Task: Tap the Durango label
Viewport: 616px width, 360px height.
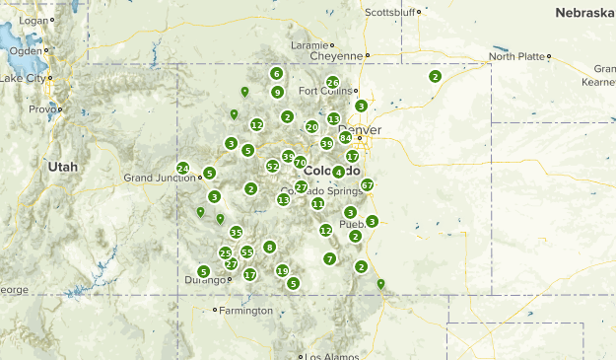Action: (205, 280)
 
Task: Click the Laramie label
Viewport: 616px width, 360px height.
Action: (308, 45)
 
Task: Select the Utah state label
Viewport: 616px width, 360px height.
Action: (62, 168)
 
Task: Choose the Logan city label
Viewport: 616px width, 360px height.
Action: (33, 20)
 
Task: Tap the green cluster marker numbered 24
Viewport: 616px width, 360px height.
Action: (183, 168)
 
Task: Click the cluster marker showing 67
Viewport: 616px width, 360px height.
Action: (368, 184)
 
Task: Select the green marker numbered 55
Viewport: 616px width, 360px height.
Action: (247, 252)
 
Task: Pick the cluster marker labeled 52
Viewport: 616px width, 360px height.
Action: (273, 167)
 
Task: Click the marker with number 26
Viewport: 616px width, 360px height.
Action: (333, 83)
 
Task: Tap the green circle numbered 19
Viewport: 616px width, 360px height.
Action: (283, 271)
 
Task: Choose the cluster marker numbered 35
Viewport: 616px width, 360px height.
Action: (237, 233)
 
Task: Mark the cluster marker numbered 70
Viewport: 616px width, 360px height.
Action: (301, 162)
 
